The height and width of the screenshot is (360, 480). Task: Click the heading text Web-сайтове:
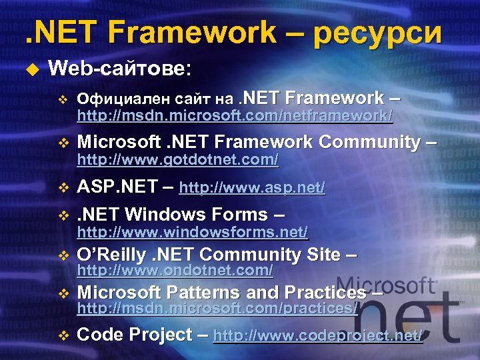pos(120,68)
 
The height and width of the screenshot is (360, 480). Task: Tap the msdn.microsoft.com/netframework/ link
pos(235,117)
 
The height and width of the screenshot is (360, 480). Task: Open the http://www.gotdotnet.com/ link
pos(177,161)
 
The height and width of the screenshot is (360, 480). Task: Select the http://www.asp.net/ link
pos(252,189)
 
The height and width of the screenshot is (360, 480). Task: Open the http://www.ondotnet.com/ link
pos(175,271)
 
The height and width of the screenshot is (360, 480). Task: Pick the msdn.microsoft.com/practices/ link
pos(217,309)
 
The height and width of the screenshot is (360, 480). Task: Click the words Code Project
pos(134,335)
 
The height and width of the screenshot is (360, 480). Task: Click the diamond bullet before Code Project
pos(63,336)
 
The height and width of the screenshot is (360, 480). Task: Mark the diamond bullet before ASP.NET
pos(63,189)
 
